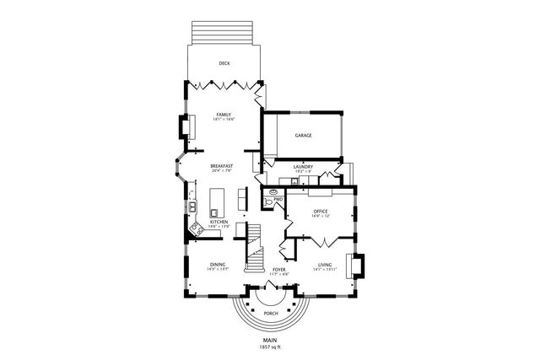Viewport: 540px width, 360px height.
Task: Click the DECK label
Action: click(x=224, y=63)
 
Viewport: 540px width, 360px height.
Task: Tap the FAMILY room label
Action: click(x=224, y=115)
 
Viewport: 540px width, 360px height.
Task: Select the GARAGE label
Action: click(x=304, y=135)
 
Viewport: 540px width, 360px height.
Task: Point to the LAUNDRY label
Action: click(x=304, y=167)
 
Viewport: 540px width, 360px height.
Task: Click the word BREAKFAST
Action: click(x=222, y=166)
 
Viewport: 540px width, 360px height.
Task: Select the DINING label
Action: click(x=218, y=265)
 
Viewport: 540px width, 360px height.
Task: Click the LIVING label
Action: click(x=325, y=265)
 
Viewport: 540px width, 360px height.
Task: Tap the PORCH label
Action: click(x=270, y=313)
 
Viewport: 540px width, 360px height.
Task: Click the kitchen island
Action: click(x=216, y=201)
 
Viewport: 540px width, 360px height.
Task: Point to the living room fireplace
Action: click(x=358, y=265)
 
